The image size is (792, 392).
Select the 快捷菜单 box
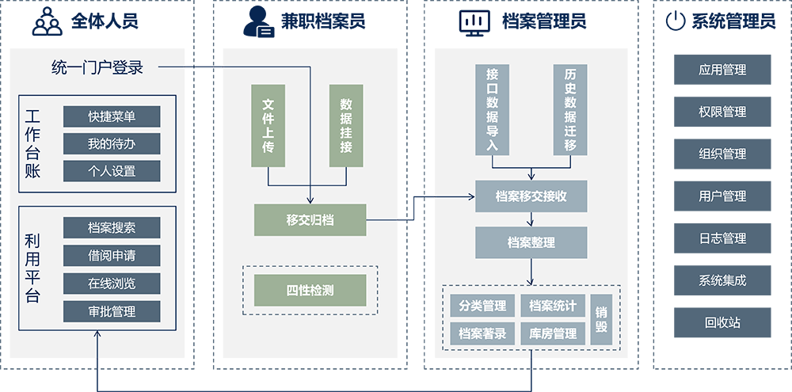112,116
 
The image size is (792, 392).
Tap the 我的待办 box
112,143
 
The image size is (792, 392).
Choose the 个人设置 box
112,170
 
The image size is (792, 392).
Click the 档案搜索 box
112,227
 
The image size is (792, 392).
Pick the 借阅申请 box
112,255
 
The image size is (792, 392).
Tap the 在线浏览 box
112,283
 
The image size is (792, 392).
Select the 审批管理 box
112,311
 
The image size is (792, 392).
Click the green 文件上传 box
268,125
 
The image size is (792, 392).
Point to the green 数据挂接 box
346,125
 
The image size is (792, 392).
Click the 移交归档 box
310,219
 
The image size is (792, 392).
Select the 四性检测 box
310,291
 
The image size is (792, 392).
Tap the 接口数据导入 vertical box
492,108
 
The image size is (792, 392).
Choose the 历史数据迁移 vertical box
570,108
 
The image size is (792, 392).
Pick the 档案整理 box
531,242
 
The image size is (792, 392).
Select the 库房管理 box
553,333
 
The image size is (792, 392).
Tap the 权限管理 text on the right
722,112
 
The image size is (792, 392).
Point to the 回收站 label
722,322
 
